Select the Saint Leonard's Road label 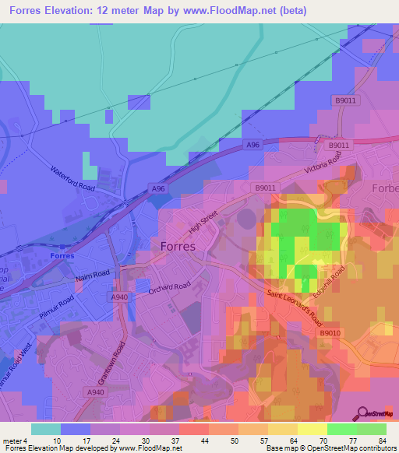(293, 307)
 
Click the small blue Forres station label (61, 255)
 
